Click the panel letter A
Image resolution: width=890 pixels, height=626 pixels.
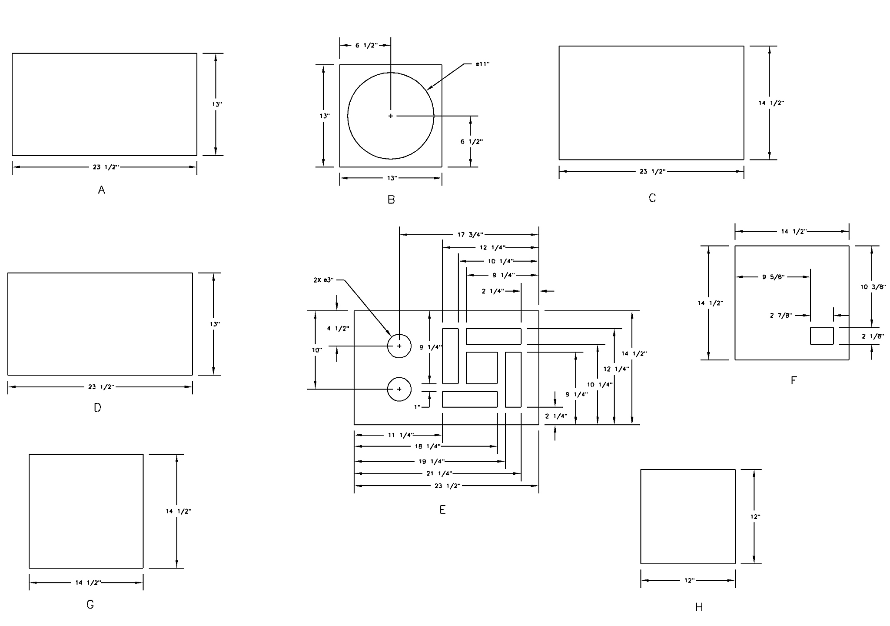102,190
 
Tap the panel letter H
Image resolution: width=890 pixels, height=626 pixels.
699,607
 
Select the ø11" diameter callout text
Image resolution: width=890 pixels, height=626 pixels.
482,64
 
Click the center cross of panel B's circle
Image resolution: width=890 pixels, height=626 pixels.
391,116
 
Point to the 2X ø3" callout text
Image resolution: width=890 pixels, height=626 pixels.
323,280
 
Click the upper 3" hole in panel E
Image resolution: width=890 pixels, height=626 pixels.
399,346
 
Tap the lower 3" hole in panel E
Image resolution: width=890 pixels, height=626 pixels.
399,389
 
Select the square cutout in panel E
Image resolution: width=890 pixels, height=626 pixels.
482,368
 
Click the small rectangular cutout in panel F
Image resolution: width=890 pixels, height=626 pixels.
822,336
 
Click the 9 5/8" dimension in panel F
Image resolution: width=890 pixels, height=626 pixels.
773,277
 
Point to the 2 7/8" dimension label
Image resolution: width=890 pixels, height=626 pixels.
781,316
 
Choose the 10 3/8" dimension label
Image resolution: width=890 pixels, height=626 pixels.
873,287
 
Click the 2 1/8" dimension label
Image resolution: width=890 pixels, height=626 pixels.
873,336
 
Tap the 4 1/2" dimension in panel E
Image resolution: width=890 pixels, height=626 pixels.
338,329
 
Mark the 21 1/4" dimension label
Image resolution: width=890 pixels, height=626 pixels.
439,473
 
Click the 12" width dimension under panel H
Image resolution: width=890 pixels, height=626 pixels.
689,580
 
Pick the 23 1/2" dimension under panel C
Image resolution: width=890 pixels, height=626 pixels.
652,172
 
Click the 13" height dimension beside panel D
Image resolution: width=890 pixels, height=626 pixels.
215,324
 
